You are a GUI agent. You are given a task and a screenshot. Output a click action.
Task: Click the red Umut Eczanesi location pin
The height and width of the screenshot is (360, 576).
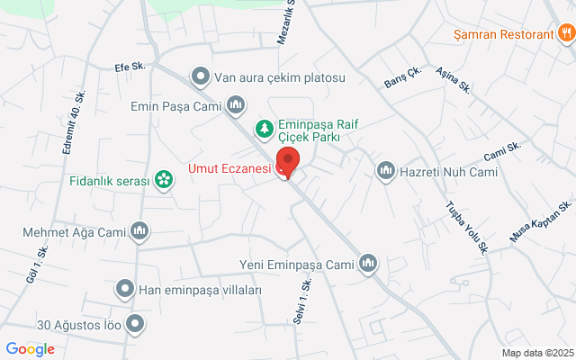[x=287, y=163]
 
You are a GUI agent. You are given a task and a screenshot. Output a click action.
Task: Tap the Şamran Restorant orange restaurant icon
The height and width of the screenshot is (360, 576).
[x=565, y=34]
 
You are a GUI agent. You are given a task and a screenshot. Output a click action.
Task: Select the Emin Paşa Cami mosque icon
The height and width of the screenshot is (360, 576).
[x=236, y=106]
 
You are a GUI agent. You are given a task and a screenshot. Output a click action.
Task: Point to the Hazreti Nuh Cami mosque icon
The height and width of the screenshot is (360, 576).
[x=386, y=170]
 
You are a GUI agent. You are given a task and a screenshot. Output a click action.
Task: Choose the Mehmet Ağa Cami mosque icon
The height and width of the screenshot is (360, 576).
[x=139, y=233]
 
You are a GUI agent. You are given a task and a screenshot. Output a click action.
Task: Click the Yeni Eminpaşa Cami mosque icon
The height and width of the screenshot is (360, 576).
[x=368, y=264]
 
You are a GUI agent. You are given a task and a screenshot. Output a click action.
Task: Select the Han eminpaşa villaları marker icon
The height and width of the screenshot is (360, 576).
[x=125, y=290]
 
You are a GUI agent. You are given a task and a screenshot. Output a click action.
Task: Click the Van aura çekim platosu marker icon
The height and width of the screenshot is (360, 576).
[x=200, y=77]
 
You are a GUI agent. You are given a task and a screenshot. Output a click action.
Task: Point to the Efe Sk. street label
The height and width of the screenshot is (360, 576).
[x=130, y=67]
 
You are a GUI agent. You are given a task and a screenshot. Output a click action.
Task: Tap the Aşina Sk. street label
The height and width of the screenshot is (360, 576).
[x=454, y=80]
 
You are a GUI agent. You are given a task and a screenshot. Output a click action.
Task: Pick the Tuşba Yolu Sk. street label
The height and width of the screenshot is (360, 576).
[x=466, y=226]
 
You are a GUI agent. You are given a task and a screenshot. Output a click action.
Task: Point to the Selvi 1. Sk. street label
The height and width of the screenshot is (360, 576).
[x=301, y=300]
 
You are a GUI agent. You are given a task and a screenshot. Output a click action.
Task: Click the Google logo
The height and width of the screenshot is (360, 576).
[x=30, y=349]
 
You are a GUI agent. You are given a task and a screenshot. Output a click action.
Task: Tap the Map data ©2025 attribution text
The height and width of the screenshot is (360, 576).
[x=537, y=353]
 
